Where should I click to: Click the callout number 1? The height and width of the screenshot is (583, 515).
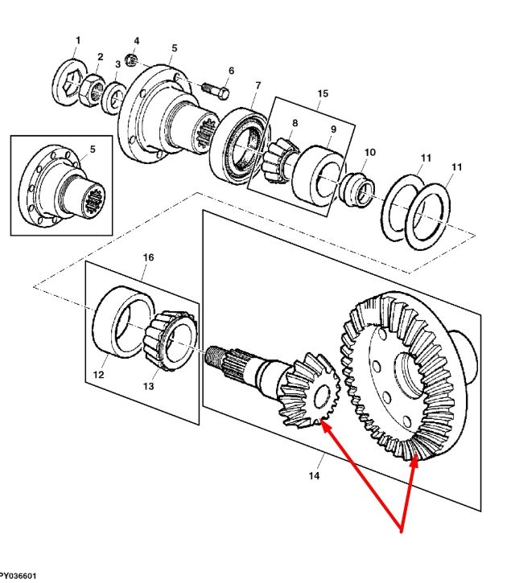coord(78,40)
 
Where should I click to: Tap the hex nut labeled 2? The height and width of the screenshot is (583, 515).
coord(92,92)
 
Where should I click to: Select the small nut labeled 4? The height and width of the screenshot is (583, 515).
coord(131,60)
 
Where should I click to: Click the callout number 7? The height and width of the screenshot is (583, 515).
coord(257,86)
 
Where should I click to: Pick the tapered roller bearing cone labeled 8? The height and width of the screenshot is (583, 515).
coord(280,160)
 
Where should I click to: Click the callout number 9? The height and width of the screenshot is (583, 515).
coord(333,129)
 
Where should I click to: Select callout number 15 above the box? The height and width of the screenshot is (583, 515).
coord(323,94)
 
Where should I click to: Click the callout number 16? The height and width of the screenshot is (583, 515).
coord(148,257)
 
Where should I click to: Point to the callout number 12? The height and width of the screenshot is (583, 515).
coord(98,375)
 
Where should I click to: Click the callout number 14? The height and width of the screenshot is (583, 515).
coord(314,475)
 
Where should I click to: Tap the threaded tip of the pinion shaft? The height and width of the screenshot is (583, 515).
coord(213,358)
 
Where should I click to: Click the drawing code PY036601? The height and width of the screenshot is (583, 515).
coord(19,576)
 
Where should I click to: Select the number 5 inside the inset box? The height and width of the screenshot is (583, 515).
coord(93,149)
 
